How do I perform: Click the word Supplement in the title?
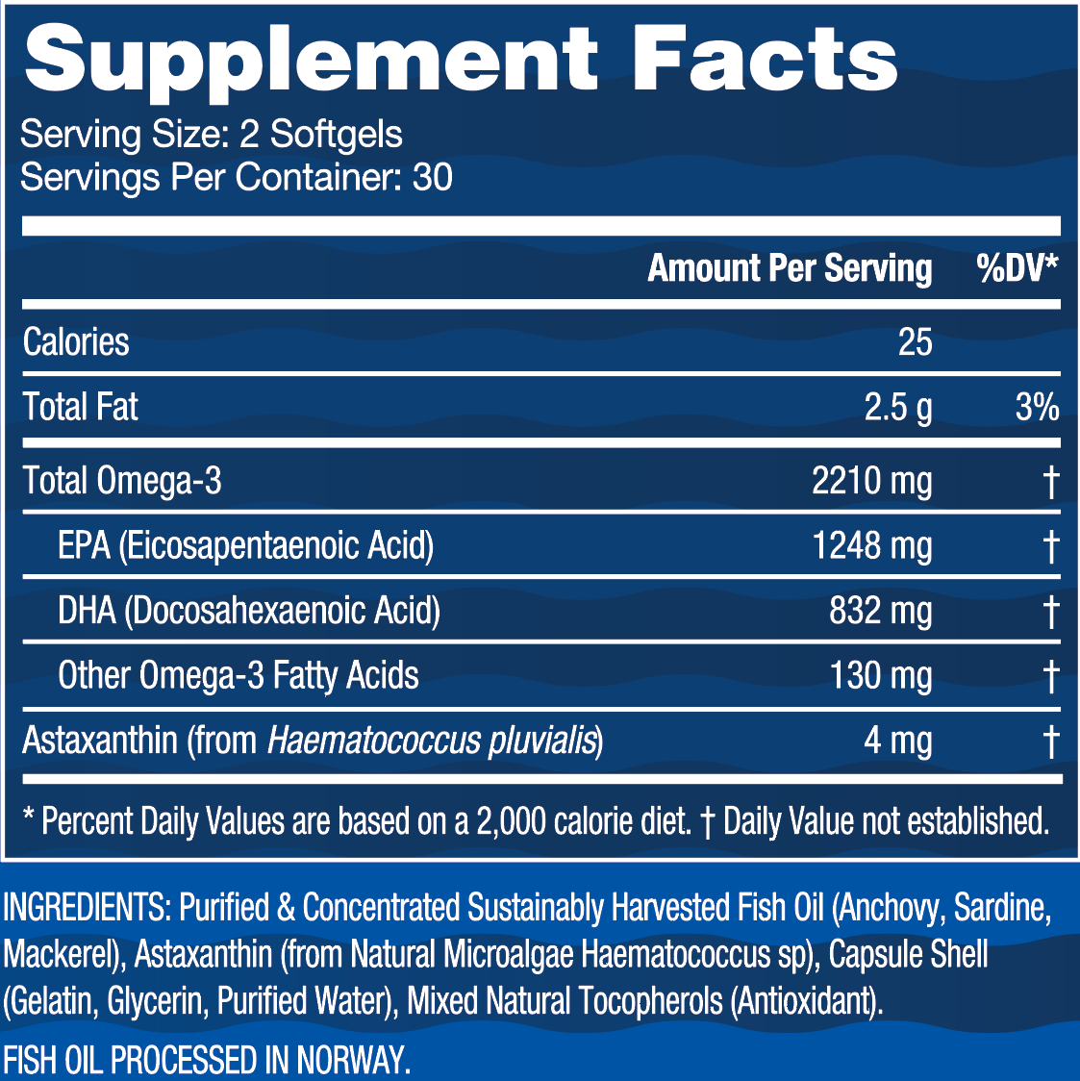coord(310,60)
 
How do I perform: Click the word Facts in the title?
coord(765,60)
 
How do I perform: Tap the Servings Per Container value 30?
coord(432,178)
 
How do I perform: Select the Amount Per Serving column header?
coord(790,268)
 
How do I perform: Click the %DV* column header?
coord(1017,268)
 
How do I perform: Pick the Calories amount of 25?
coord(915,342)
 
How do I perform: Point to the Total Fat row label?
coord(80,407)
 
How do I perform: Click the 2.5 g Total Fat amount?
coord(897,408)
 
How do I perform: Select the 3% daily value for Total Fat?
coord(1036,407)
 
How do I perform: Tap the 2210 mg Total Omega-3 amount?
coord(871,481)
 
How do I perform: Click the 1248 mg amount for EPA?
coord(871,546)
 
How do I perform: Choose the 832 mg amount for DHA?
coord(880,611)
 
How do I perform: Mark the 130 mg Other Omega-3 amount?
coord(880,675)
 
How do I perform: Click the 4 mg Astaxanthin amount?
coord(897,742)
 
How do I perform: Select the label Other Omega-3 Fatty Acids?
coord(238,675)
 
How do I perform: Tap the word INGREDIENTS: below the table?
coord(87,907)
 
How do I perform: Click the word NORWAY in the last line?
coord(353,1060)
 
